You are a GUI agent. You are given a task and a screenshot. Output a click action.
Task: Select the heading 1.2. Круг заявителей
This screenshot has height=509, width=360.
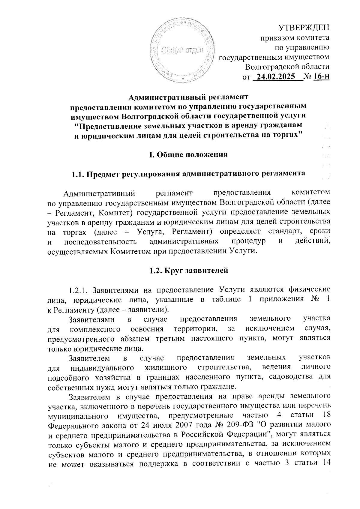(189, 270)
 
